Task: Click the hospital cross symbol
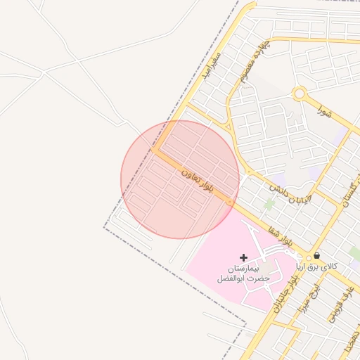243,259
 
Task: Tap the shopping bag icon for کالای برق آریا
316,256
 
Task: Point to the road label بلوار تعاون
197,179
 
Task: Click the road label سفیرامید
212,65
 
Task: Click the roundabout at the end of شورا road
300,93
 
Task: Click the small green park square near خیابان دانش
269,205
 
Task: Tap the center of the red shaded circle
180,179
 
